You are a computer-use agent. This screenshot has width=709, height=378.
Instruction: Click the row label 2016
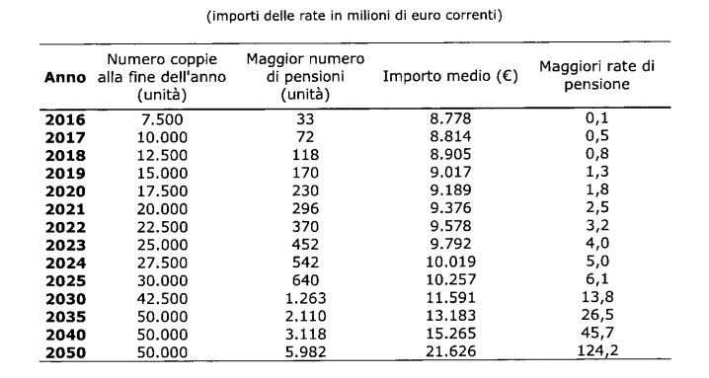point(65,119)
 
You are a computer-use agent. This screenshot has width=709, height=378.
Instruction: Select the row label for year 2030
point(65,299)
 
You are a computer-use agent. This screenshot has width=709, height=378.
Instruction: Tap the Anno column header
point(65,77)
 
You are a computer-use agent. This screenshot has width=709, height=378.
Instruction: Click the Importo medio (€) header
point(450,76)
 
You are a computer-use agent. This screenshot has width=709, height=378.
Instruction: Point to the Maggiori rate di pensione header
point(596,76)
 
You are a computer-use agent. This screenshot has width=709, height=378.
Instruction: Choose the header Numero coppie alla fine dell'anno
point(162,77)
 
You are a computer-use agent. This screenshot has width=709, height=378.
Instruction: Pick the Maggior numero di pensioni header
point(305,76)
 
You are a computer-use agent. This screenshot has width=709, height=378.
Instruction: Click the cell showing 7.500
point(162,119)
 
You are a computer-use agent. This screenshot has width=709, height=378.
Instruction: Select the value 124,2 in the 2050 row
point(597,350)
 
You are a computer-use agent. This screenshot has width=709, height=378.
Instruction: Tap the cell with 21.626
point(451,351)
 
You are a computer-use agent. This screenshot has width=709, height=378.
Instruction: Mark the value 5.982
point(305,351)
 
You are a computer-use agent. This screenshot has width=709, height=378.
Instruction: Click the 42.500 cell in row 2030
point(162,299)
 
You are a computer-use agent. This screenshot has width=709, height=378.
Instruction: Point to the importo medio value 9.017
point(450,173)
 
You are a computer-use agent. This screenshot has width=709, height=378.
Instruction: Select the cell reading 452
point(305,245)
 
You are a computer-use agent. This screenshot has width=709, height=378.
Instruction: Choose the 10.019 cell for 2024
point(451,263)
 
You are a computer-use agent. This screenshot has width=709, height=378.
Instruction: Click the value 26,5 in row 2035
point(597,315)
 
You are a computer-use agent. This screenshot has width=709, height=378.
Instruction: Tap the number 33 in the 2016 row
point(305,119)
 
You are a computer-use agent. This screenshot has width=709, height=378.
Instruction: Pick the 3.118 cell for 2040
point(305,335)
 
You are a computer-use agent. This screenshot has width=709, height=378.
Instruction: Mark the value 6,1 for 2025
point(597,279)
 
